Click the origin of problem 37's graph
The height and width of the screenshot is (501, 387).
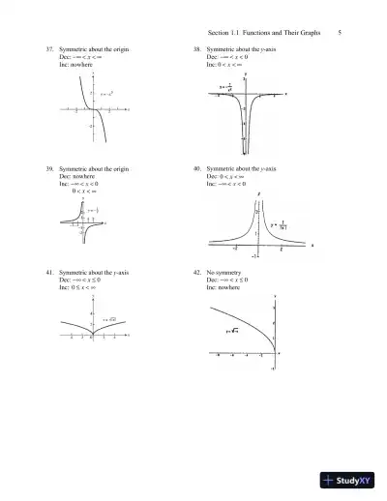93,110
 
